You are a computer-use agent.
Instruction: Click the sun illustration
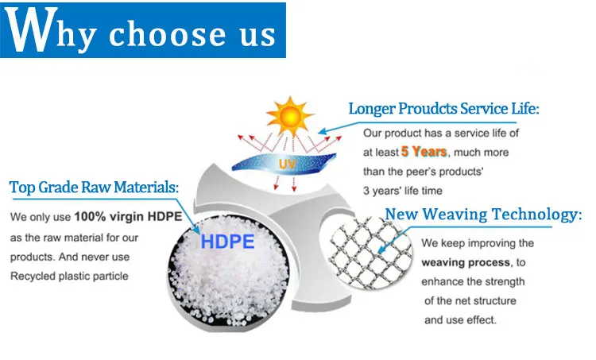tap(289, 116)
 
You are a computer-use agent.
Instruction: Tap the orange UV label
tap(287, 165)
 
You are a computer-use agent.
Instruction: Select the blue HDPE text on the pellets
tap(227, 242)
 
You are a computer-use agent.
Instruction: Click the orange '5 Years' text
tap(424, 152)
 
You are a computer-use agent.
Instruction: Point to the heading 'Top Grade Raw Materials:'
tap(94, 187)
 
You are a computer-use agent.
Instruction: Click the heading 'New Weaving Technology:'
tap(483, 214)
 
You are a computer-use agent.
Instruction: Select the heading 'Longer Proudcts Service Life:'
tap(443, 109)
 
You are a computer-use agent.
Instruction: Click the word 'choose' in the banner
tap(167, 34)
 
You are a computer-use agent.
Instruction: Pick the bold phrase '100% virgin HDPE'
tap(128, 217)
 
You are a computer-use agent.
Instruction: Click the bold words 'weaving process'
tap(466, 262)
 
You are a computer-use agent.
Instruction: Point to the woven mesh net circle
tap(366, 251)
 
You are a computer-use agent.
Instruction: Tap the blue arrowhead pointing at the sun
tap(323, 131)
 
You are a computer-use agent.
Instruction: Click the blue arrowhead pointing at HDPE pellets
tap(196, 230)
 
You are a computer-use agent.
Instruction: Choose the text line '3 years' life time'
tap(403, 191)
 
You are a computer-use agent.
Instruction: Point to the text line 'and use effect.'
tap(460, 320)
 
